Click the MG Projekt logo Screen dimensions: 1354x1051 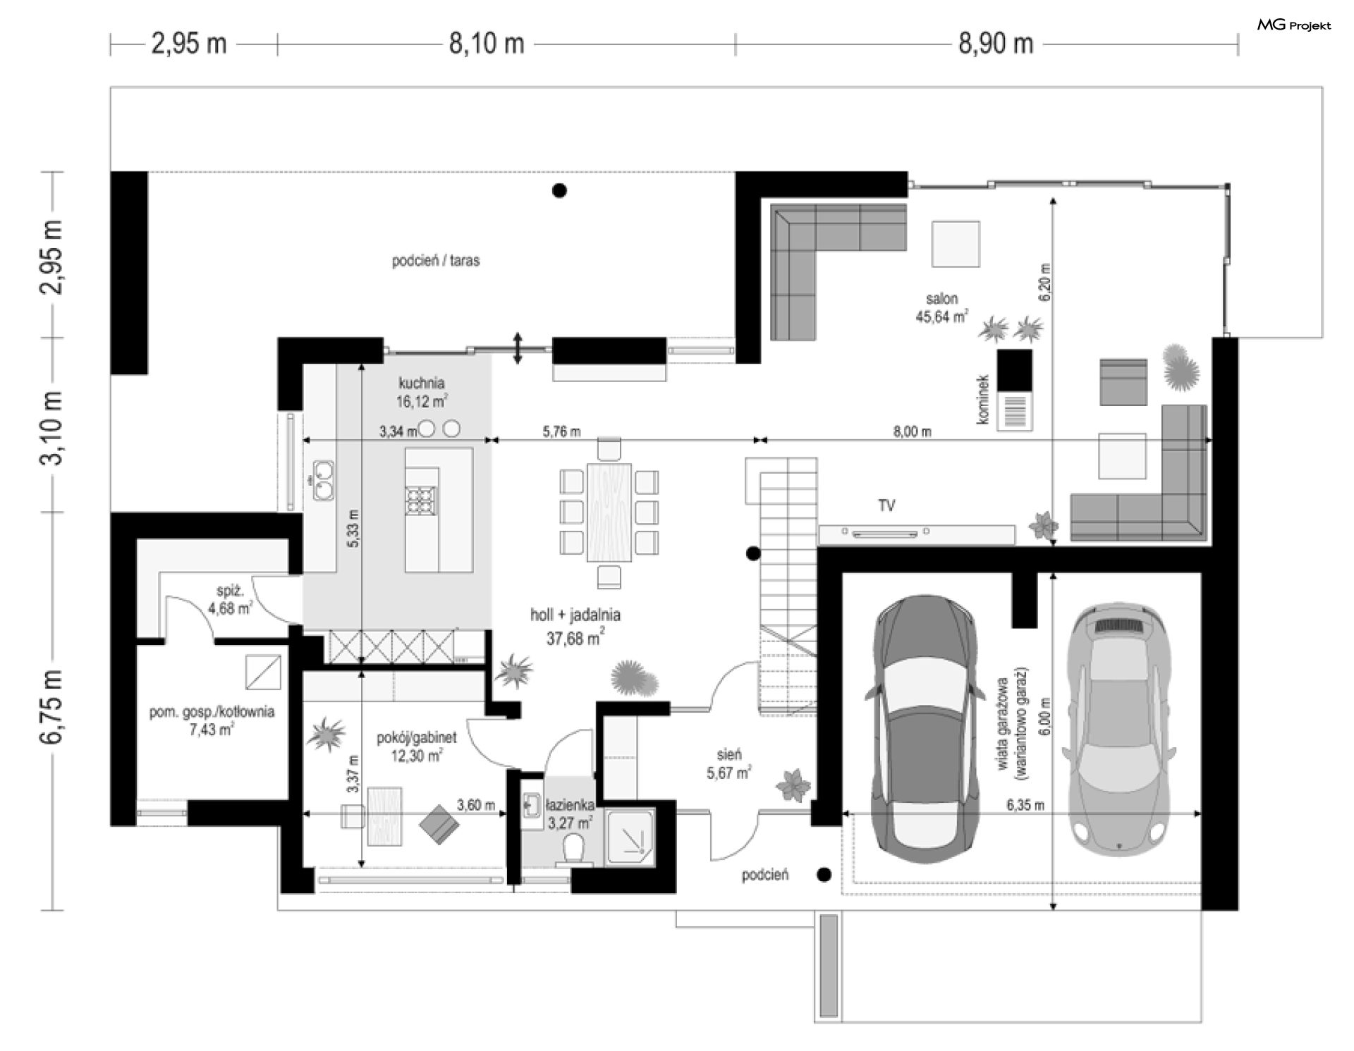(1294, 25)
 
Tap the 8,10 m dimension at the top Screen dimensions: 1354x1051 (487, 44)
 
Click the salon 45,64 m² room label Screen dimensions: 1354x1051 (941, 308)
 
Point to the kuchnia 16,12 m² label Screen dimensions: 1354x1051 (422, 393)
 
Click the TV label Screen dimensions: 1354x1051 (886, 505)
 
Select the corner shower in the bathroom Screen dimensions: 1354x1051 (631, 837)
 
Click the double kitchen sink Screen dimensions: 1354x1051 (323, 479)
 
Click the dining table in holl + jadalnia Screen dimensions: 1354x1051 (609, 512)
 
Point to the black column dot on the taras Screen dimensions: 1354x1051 (559, 190)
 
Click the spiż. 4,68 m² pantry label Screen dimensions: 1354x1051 (230, 598)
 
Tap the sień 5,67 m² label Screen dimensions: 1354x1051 (728, 764)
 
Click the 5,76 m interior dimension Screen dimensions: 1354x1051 (561, 431)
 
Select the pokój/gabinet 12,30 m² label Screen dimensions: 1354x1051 (417, 746)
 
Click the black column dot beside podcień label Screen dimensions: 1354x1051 (824, 875)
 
